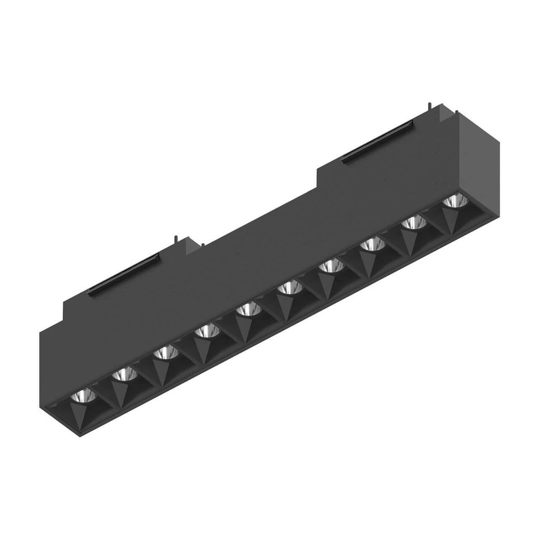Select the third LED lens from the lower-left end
coord(165,352)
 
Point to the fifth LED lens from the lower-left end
coord(248,310)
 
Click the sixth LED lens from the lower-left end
coord(290,287)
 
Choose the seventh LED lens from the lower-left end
coord(331,266)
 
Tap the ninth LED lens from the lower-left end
coord(414,221)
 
